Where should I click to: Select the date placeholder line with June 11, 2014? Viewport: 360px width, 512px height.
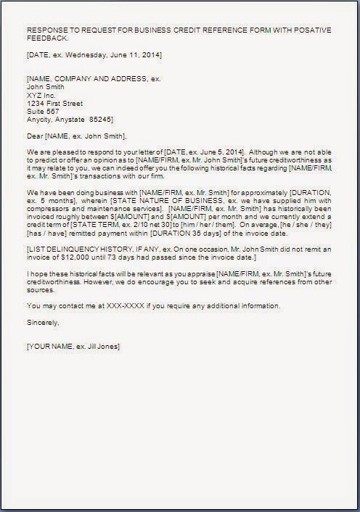pos(94,54)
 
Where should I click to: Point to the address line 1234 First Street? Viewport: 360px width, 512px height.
pos(54,103)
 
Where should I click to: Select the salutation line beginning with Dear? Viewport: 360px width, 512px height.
pos(76,135)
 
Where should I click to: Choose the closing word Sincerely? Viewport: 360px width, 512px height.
pos(43,321)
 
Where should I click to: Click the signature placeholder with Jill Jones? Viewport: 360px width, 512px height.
pos(73,346)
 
